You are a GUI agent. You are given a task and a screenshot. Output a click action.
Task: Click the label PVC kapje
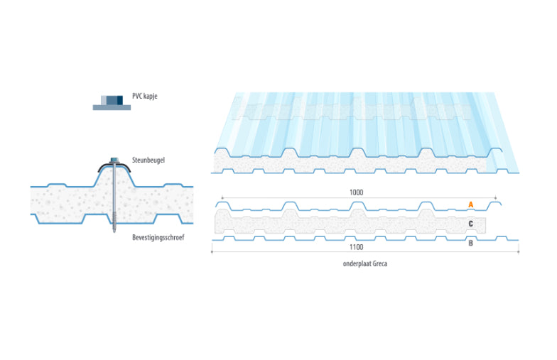click(x=145, y=96)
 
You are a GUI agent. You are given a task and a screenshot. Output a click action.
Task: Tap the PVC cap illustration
click(x=112, y=102)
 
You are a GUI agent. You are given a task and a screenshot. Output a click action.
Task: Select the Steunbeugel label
click(x=148, y=160)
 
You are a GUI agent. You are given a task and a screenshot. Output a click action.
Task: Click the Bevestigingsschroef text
click(x=158, y=237)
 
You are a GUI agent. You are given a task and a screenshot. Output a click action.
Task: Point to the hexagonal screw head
click(x=114, y=160)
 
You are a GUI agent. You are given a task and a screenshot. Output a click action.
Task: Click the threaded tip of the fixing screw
click(x=114, y=227)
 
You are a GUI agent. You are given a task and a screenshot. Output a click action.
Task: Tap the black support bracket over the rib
click(x=114, y=166)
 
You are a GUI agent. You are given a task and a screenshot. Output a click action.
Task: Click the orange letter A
click(x=470, y=204)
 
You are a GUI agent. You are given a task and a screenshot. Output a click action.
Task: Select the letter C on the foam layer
click(x=470, y=224)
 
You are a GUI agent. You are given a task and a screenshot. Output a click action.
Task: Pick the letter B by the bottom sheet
click(x=470, y=243)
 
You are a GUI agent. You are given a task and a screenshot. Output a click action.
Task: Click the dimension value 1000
click(x=357, y=192)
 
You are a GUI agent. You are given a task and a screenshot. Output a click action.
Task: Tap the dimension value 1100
click(x=357, y=247)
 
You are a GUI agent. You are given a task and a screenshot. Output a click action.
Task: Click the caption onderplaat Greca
click(x=365, y=264)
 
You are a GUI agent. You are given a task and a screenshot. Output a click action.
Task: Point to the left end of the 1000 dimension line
click(x=222, y=197)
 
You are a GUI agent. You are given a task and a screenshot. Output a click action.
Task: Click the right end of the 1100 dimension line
click(x=519, y=251)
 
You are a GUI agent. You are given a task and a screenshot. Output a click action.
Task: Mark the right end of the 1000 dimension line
click(x=496, y=197)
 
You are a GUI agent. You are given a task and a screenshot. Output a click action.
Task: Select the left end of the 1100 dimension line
click(x=212, y=251)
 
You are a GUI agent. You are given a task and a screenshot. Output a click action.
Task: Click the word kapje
click(x=150, y=97)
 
